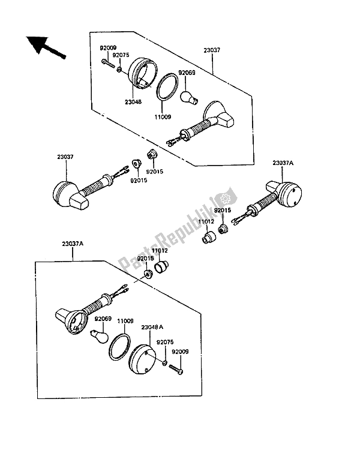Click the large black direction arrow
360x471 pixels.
point(45,47)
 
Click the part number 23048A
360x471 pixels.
point(152,327)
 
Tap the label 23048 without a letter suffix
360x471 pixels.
point(133,102)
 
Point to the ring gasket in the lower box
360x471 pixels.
point(120,346)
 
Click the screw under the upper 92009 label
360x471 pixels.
point(109,64)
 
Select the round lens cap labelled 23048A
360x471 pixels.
point(143,359)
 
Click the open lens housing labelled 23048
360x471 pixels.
point(143,74)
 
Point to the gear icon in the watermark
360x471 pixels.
point(224,198)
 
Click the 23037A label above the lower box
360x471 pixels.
point(73,244)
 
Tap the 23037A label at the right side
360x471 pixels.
point(283,163)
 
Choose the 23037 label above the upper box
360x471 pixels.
point(212,50)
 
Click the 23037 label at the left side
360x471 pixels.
point(65,157)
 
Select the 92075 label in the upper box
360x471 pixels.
point(121,55)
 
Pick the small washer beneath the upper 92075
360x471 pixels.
point(119,70)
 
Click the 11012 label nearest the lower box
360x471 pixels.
point(159,251)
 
